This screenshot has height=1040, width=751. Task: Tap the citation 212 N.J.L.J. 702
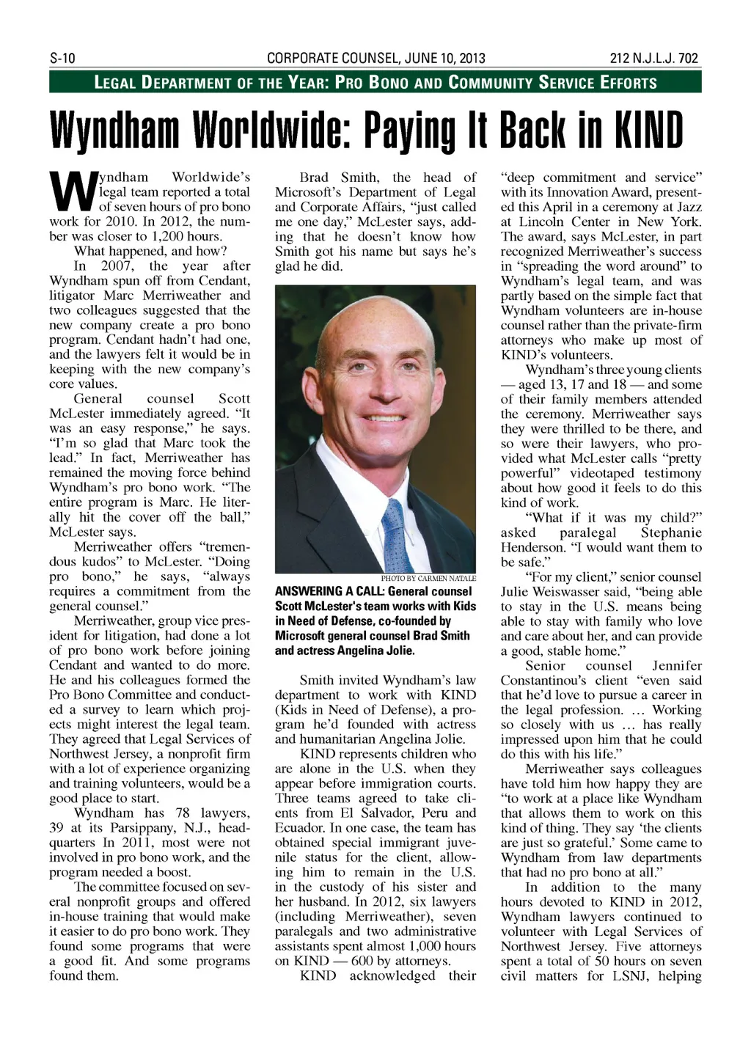[654, 59]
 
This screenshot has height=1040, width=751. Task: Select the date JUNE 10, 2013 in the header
[444, 59]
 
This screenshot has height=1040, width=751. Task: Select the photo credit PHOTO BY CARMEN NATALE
[428, 578]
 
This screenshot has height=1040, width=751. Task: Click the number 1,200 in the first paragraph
[170, 236]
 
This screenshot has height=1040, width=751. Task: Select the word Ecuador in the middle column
[299, 827]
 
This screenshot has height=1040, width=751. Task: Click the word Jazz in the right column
[687, 207]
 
